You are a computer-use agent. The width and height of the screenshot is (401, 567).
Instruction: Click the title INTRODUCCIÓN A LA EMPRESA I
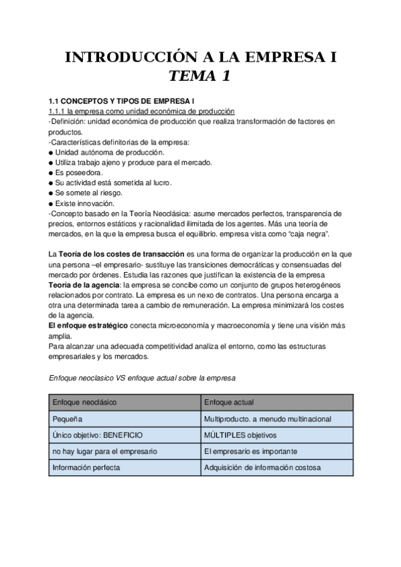[200, 58]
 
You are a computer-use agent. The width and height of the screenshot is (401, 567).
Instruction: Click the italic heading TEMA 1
[199, 76]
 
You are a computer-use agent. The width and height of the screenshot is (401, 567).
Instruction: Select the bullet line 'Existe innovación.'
[85, 203]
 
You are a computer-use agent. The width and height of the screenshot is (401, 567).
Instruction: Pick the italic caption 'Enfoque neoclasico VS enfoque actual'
[142, 378]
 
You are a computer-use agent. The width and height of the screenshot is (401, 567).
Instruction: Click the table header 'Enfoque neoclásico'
[84, 403]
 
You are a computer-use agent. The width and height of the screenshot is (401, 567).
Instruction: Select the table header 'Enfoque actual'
[229, 403]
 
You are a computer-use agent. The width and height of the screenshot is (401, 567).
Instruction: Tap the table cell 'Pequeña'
[68, 419]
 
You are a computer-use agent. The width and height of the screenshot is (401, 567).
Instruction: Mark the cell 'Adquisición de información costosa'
[262, 467]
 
